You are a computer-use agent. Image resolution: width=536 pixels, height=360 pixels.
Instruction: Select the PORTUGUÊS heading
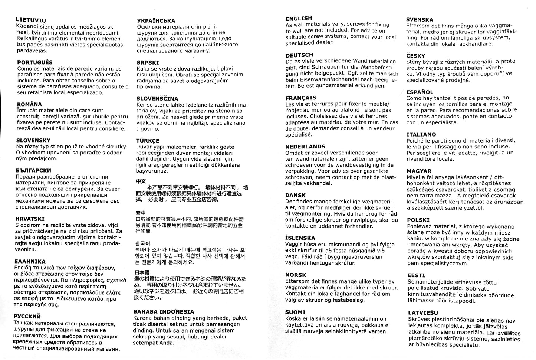(35, 62)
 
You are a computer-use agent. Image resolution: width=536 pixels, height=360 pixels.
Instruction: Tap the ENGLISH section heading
(299, 18)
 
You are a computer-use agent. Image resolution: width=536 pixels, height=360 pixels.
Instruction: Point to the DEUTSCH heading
(299, 55)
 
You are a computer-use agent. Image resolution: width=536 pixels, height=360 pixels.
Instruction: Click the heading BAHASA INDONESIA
(164, 312)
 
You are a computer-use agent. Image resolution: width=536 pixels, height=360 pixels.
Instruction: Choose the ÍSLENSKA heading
(300, 238)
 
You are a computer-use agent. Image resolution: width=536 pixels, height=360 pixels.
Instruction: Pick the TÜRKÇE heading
(148, 141)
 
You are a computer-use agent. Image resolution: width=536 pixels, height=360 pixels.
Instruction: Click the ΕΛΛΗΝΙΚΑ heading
(31, 261)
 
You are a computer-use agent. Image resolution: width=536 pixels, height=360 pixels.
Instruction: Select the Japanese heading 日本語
(142, 272)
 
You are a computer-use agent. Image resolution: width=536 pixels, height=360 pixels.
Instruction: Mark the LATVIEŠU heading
(423, 313)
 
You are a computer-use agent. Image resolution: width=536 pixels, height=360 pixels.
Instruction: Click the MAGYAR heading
(419, 171)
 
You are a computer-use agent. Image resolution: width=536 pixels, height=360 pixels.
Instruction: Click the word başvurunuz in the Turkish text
(152, 171)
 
